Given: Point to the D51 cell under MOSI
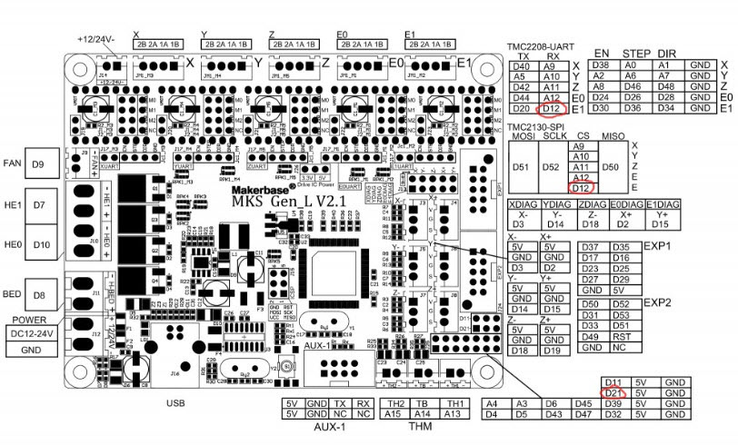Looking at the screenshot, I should click(x=522, y=167).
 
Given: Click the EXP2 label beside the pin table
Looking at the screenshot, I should click(x=656, y=302).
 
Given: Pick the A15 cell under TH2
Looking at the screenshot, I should click(x=395, y=414).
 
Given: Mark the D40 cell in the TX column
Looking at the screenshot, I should click(x=523, y=65).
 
